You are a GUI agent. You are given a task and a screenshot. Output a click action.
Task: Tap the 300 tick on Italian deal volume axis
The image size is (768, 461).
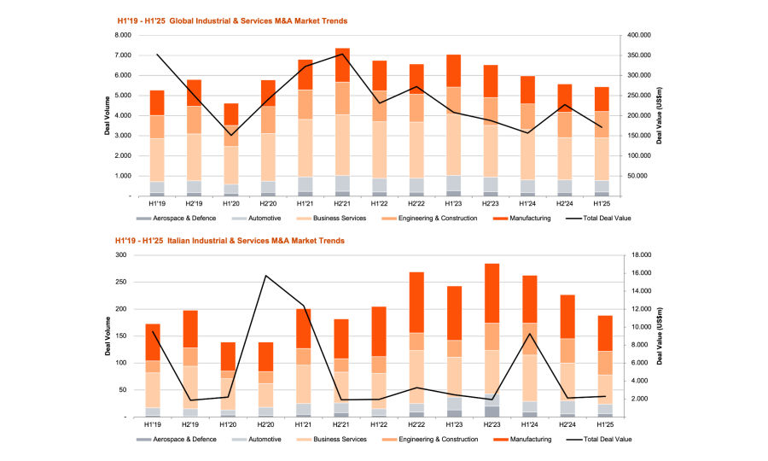pos(125,255)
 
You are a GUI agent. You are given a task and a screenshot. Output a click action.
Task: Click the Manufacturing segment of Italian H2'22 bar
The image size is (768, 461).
pos(416,302)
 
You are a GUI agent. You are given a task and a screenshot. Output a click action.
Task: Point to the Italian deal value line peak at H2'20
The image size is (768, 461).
pos(265,276)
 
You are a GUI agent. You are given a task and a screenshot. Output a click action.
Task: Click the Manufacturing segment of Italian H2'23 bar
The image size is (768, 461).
pos(492,293)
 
